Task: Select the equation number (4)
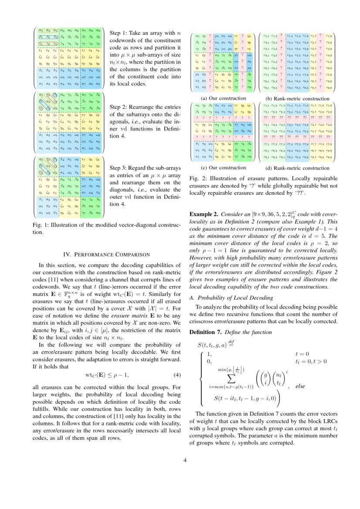177,375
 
